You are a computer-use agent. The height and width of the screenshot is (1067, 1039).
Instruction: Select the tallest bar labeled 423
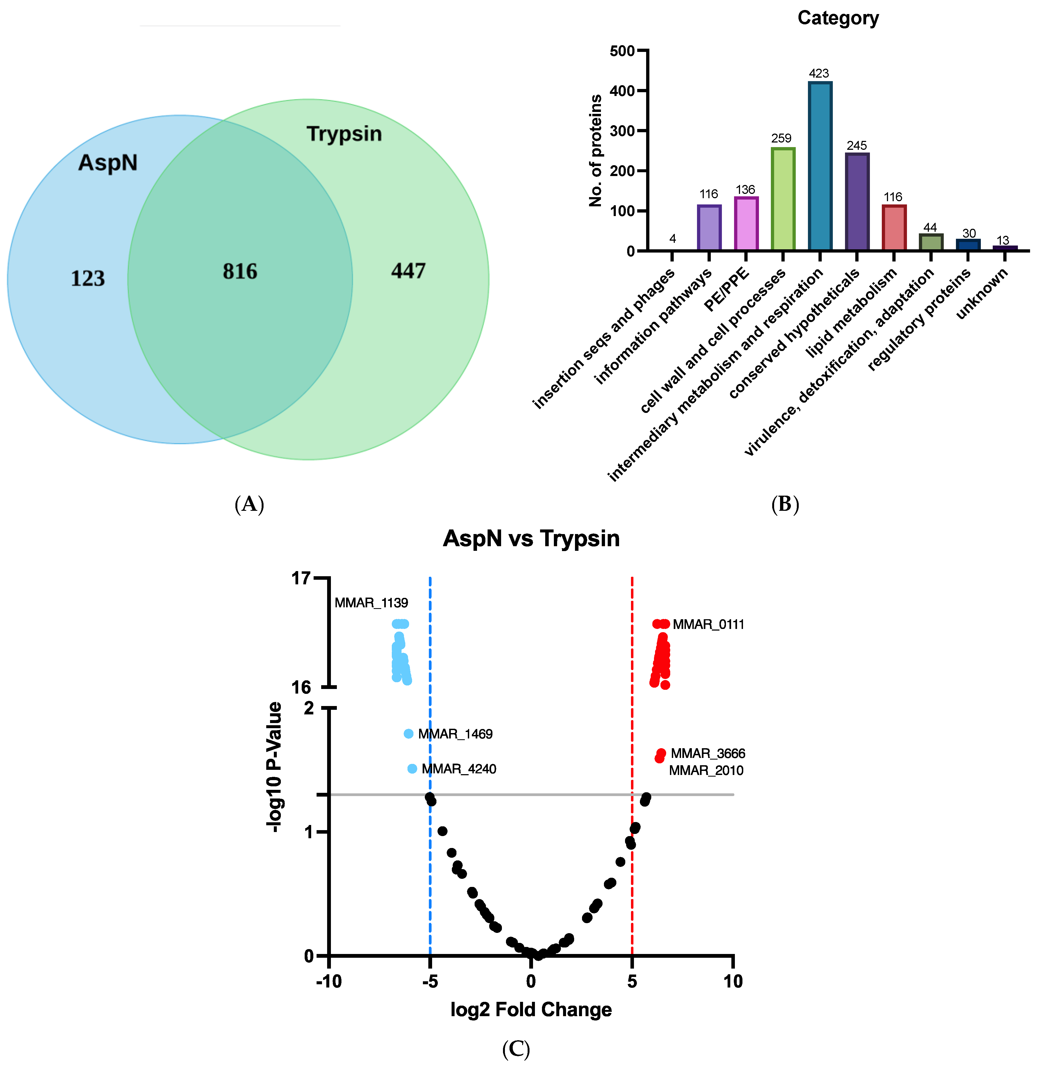click(820, 166)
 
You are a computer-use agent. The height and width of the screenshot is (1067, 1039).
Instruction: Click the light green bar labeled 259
click(782, 199)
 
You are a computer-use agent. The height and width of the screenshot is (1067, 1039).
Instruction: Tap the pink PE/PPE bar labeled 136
click(746, 224)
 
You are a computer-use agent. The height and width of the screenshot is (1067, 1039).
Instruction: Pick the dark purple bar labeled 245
click(857, 202)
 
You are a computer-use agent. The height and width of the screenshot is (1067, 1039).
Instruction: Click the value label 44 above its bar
click(930, 227)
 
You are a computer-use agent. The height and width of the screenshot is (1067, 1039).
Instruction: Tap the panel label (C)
click(516, 1048)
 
